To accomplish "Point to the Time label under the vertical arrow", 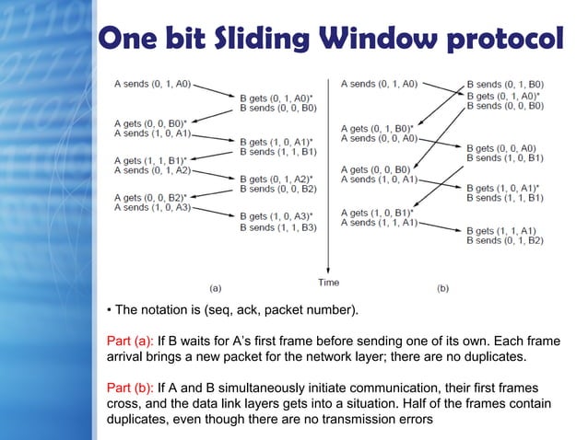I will [x=328, y=282].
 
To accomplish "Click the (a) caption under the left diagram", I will [x=215, y=287].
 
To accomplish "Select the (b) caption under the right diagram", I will [x=442, y=287].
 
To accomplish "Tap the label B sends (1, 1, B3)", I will [x=277, y=226].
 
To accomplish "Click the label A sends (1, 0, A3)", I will [x=153, y=207].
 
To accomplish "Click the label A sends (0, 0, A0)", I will [x=380, y=138].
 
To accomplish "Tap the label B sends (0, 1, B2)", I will [x=505, y=240].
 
